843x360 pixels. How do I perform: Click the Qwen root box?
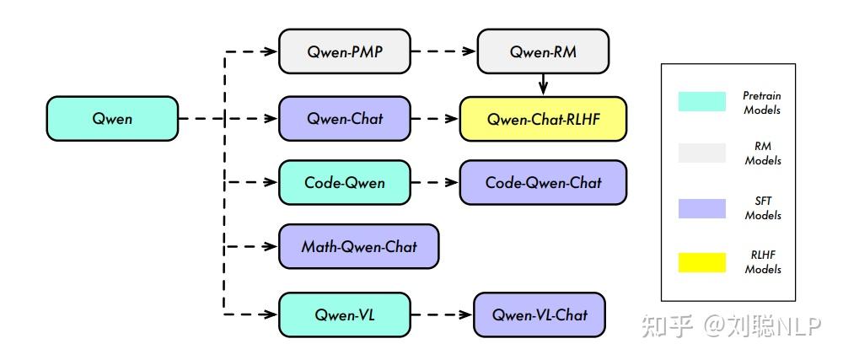coord(112,118)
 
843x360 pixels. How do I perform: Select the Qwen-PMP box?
coord(344,51)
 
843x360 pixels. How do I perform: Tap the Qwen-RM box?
coord(543,51)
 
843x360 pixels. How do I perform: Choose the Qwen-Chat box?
coord(344,118)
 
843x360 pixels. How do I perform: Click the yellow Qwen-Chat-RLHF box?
coord(544,118)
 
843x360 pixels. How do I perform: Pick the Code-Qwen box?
coord(344,182)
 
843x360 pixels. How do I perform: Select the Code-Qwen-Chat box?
coord(544,182)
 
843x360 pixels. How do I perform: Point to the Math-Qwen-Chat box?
coord(358,246)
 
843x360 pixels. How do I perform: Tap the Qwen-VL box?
coord(344,314)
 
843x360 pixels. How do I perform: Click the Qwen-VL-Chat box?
coord(540,314)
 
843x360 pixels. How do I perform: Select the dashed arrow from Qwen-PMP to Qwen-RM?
coord(443,51)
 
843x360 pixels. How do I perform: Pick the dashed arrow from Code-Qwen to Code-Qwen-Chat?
coord(435,182)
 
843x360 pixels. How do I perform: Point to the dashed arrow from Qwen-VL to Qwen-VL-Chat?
coord(442,314)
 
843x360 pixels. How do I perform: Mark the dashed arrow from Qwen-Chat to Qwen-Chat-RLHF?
coord(435,118)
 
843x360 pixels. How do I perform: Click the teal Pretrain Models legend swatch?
coord(701,102)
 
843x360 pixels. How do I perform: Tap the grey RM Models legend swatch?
coord(701,153)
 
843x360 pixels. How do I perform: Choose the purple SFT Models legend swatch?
coord(701,208)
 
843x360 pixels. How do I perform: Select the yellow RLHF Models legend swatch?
coord(701,262)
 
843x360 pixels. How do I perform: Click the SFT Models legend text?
coord(762,208)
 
